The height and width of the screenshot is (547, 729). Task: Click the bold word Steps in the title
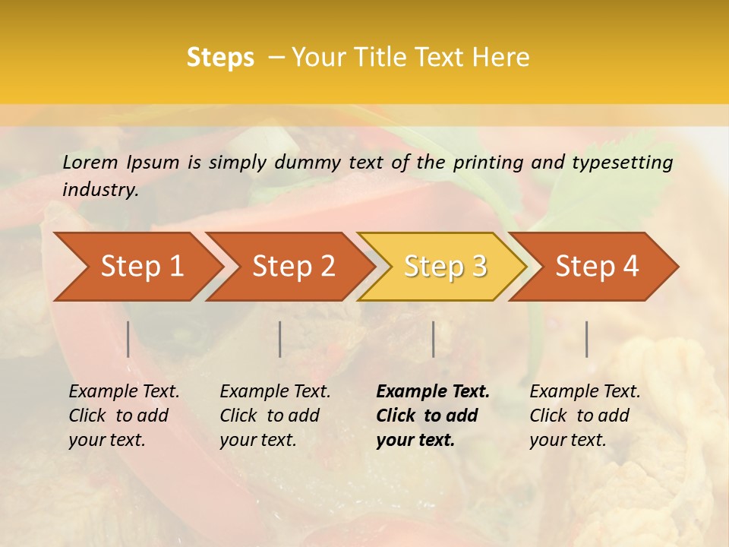(220, 58)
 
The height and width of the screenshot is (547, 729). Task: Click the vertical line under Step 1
(128, 339)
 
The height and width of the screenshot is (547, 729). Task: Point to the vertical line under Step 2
(280, 339)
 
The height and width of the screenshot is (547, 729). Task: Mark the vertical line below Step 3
(434, 339)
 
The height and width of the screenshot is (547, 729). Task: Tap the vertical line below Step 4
(587, 339)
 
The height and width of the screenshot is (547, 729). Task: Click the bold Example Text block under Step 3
(433, 416)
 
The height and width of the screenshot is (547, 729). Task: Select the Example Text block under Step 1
(124, 416)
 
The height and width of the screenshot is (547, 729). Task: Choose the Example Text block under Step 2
(275, 416)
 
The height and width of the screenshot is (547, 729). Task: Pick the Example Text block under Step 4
(585, 416)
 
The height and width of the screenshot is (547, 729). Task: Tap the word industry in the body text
(99, 190)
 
